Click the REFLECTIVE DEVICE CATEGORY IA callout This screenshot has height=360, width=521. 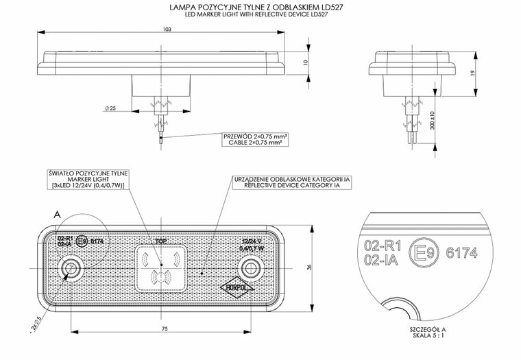point(292,185)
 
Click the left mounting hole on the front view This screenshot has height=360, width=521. point(70,267)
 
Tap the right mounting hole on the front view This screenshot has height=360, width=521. point(258,267)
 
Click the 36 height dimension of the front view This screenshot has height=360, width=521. point(309,267)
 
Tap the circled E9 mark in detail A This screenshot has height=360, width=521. point(420,253)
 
